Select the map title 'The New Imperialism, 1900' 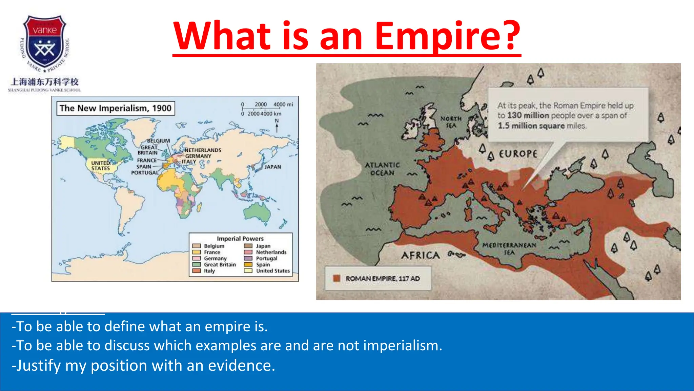coord(116,108)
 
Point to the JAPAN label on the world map coord(273,167)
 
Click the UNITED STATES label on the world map coord(101,166)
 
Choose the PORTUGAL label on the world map coord(145,173)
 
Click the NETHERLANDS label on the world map coord(203,150)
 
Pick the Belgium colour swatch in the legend coord(197,246)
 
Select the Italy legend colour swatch coord(197,271)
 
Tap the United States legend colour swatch coord(248,271)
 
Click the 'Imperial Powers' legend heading coord(240,239)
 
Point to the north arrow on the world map coord(277,126)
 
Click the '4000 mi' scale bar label coord(283,105)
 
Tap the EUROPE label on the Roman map coord(518,154)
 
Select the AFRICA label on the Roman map coord(421,255)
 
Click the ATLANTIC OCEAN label coord(382,169)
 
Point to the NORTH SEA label coord(451,122)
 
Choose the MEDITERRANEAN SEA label coord(509,248)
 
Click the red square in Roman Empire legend coord(336,278)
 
